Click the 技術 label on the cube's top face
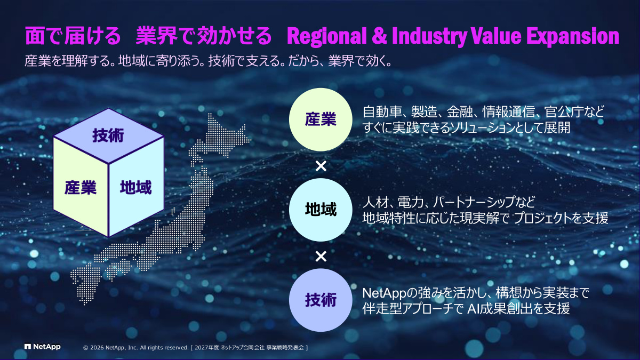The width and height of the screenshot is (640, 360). pyautogui.click(x=108, y=135)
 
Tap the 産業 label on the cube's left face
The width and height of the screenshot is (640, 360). pyautogui.click(x=81, y=188)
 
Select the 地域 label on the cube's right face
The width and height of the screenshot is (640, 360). pyautogui.click(x=135, y=188)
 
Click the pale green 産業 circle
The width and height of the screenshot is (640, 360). pyautogui.click(x=321, y=119)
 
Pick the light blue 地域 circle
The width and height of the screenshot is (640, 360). pyautogui.click(x=321, y=210)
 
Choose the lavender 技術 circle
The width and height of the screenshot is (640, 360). pyautogui.click(x=321, y=300)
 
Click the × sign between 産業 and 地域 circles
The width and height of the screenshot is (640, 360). pyautogui.click(x=321, y=166)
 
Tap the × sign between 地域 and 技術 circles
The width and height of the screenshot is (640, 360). pyautogui.click(x=321, y=257)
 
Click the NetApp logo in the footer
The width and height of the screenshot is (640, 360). pyautogui.click(x=43, y=347)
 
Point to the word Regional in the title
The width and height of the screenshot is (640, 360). pyautogui.click(x=327, y=37)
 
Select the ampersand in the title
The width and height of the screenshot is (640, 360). pyautogui.click(x=379, y=36)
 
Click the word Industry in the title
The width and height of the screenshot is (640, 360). pyautogui.click(x=429, y=37)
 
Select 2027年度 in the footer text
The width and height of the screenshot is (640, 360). pyautogui.click(x=206, y=348)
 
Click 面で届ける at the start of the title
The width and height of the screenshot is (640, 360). pyautogui.click(x=73, y=36)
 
